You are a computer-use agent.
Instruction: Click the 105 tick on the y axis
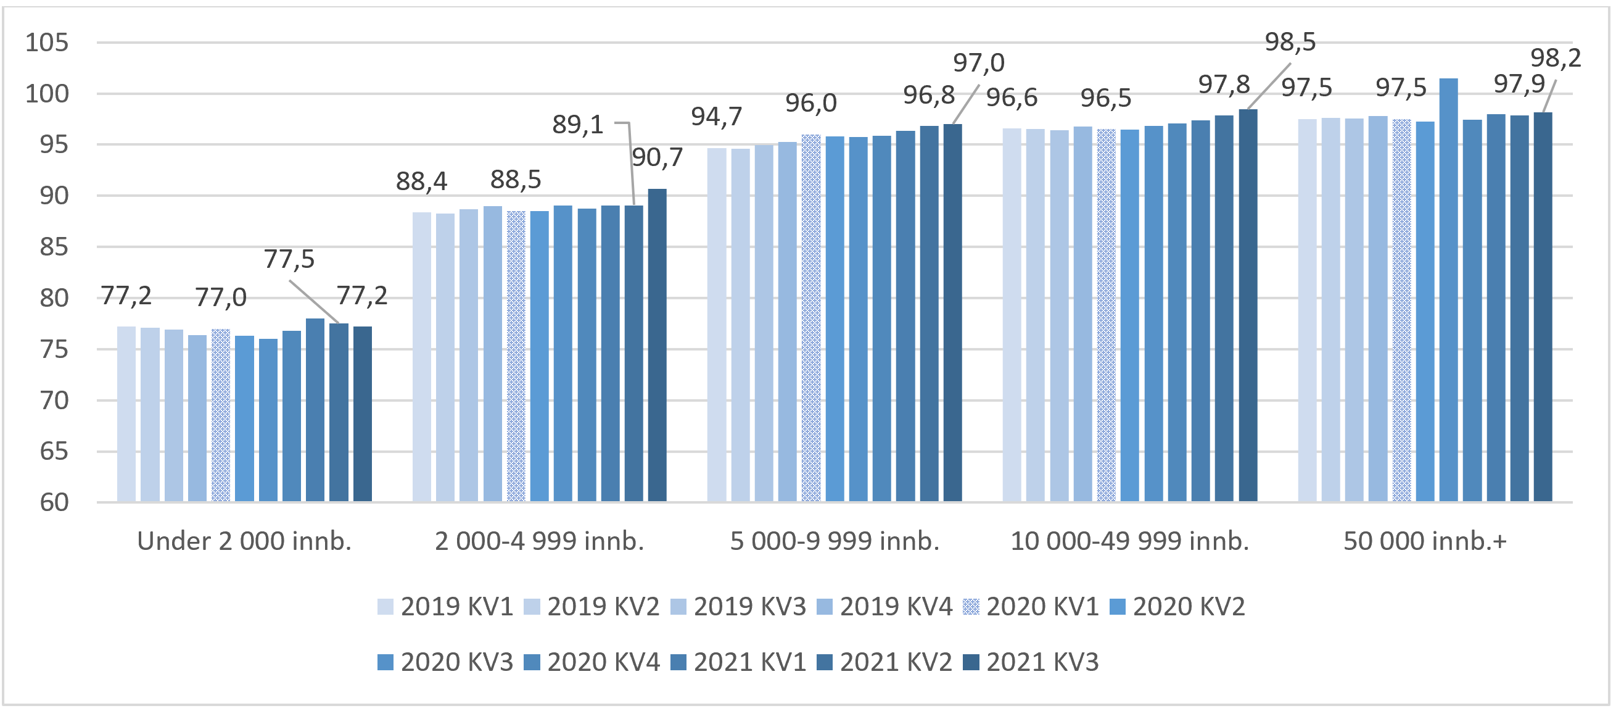tap(46, 43)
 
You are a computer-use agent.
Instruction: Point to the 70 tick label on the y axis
tap(54, 401)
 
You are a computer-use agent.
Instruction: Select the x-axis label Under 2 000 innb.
tap(244, 541)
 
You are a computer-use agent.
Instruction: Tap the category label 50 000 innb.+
tap(1425, 541)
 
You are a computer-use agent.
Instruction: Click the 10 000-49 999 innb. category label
tap(1129, 541)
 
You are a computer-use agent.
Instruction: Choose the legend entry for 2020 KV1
tap(1031, 607)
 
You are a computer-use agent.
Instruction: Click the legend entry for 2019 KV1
tap(446, 607)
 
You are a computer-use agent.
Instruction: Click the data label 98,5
tap(1290, 42)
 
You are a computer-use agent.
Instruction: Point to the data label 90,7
tap(657, 157)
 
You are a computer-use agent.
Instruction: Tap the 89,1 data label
tap(577, 125)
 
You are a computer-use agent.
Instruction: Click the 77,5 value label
tap(289, 259)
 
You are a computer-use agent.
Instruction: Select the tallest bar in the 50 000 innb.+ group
tap(1448, 289)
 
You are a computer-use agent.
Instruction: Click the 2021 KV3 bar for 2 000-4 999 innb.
tap(657, 345)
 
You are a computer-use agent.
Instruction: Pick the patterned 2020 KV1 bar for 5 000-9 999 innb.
tap(810, 317)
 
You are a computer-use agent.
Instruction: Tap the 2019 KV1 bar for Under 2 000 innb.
tap(126, 414)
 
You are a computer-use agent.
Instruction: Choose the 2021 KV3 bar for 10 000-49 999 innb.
tap(1248, 305)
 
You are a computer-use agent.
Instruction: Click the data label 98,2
tap(1555, 58)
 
